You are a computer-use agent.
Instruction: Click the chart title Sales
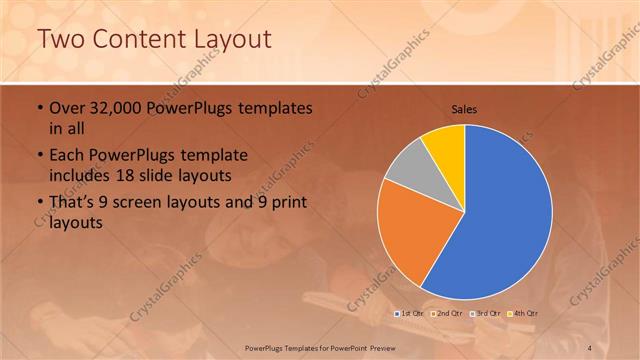(464, 108)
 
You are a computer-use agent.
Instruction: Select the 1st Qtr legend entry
(412, 314)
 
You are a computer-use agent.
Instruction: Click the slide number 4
(590, 346)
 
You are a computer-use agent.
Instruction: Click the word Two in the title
(61, 39)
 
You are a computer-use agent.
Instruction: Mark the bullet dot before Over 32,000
(39, 108)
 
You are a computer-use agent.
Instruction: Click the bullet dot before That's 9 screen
(39, 204)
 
